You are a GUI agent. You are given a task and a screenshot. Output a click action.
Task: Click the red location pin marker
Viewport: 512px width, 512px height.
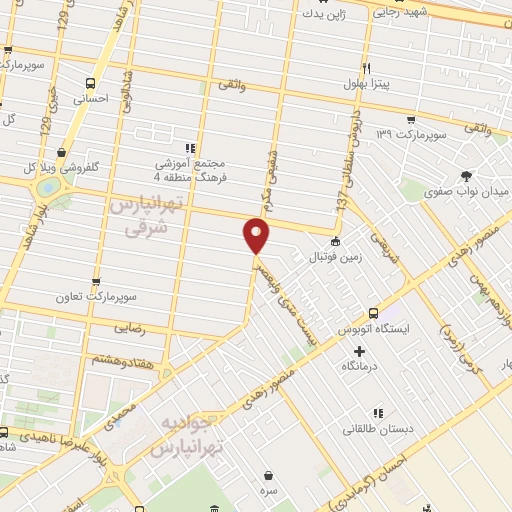coord(257,236)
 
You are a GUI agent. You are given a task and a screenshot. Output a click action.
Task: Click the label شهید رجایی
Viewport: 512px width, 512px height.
coord(400,13)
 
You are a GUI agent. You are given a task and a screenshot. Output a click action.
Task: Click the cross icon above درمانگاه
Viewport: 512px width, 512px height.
coord(360,350)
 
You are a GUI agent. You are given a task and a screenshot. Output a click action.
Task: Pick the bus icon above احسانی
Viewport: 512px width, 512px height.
coord(91,84)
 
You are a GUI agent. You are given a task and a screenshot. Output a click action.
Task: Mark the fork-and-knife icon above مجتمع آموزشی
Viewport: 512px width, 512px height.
coord(190,147)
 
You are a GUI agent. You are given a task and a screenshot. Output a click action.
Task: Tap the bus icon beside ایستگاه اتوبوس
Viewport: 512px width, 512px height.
coord(373,312)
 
